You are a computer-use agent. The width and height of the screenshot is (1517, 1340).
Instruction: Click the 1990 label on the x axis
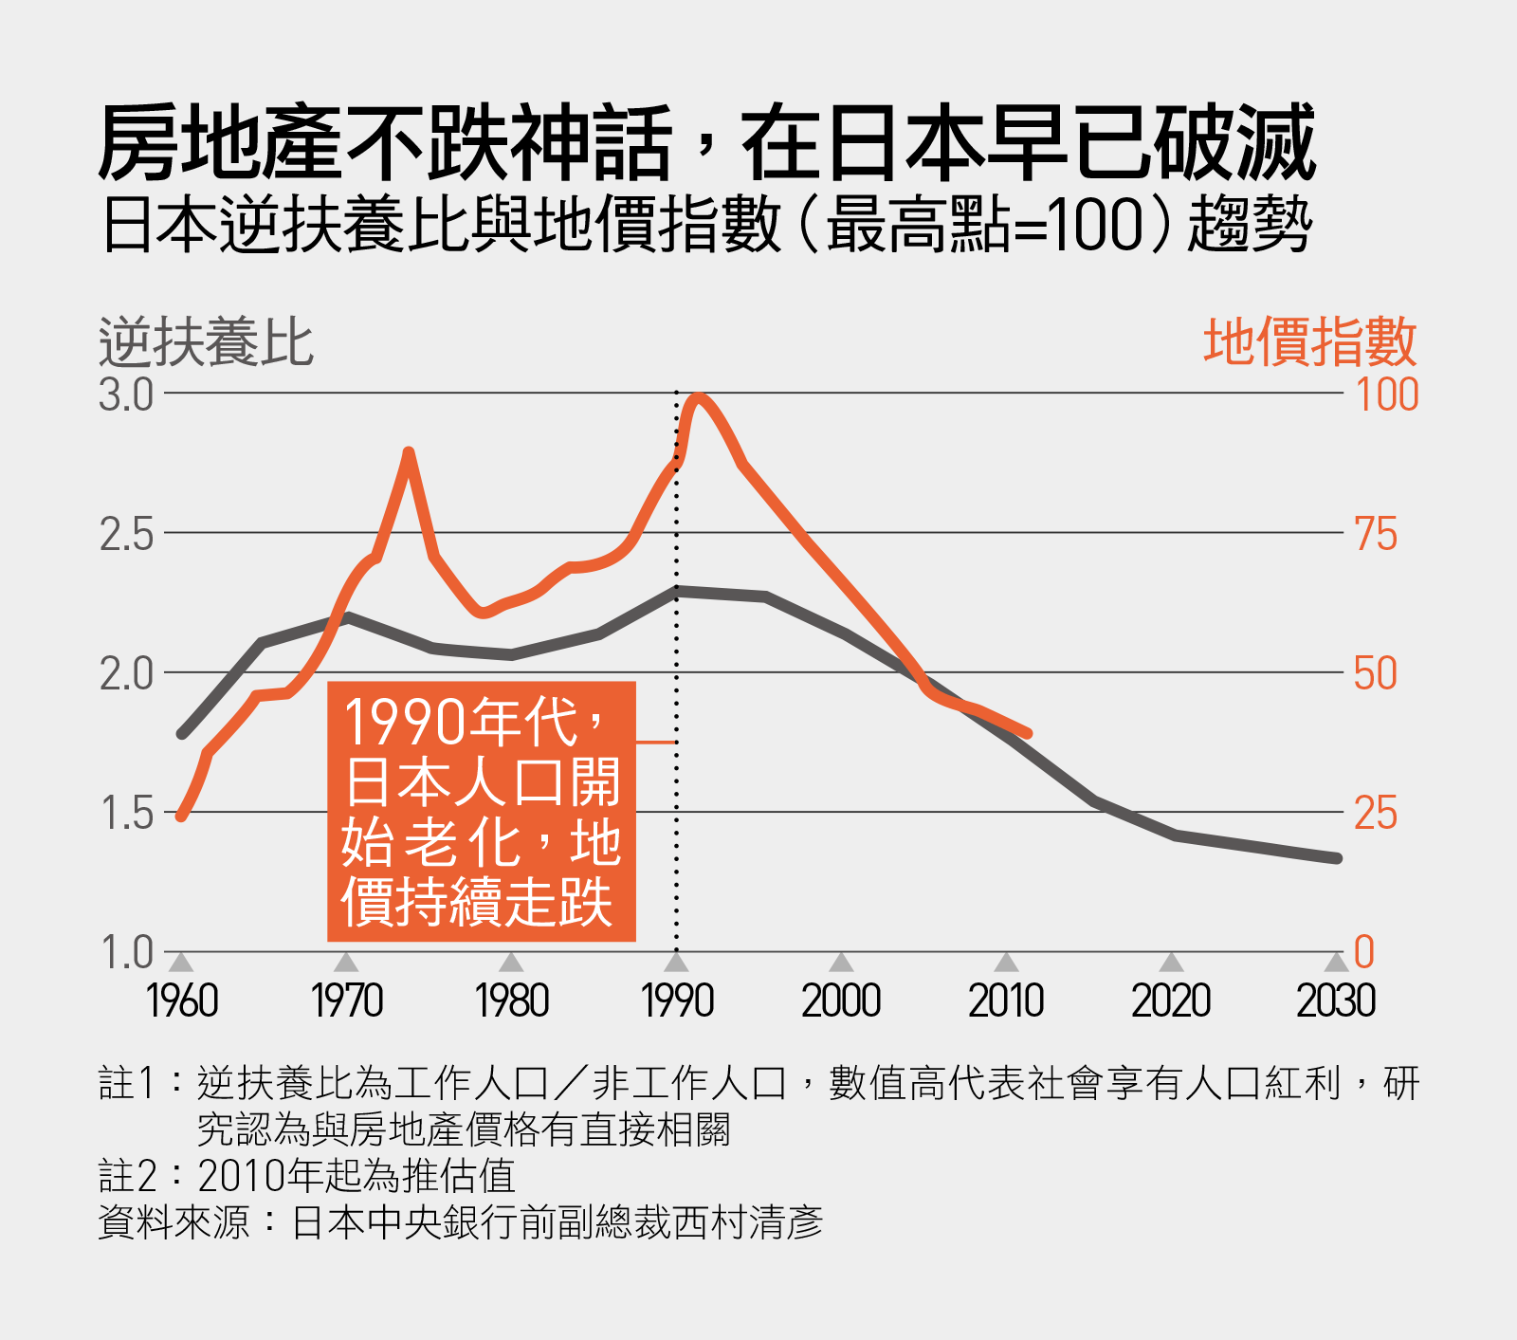[677, 1001]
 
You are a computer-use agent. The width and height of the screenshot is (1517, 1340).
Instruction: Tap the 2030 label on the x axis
[1335, 1001]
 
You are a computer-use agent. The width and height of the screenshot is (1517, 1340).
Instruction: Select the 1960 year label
[182, 1001]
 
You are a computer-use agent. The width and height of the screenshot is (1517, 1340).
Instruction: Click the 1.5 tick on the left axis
[126, 814]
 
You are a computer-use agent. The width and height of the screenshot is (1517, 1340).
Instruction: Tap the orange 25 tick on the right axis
[1376, 814]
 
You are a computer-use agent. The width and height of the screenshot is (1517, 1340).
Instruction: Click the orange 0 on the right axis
[1364, 952]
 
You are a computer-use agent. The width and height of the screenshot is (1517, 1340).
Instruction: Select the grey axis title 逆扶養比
[206, 342]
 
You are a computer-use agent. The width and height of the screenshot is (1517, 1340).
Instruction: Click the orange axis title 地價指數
[1309, 342]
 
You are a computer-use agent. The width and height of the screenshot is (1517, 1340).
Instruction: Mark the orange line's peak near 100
[699, 397]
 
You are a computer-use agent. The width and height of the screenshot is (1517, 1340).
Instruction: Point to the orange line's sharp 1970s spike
[409, 452]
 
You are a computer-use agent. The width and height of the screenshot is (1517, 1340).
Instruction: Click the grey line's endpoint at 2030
[1337, 858]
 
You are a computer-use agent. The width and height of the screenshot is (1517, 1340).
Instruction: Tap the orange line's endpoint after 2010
[1028, 733]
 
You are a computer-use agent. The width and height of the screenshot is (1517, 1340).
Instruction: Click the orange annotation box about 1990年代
[481, 811]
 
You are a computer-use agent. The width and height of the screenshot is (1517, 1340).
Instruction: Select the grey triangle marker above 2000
[841, 964]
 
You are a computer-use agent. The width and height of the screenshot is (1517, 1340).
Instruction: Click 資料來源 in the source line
[174, 1223]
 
